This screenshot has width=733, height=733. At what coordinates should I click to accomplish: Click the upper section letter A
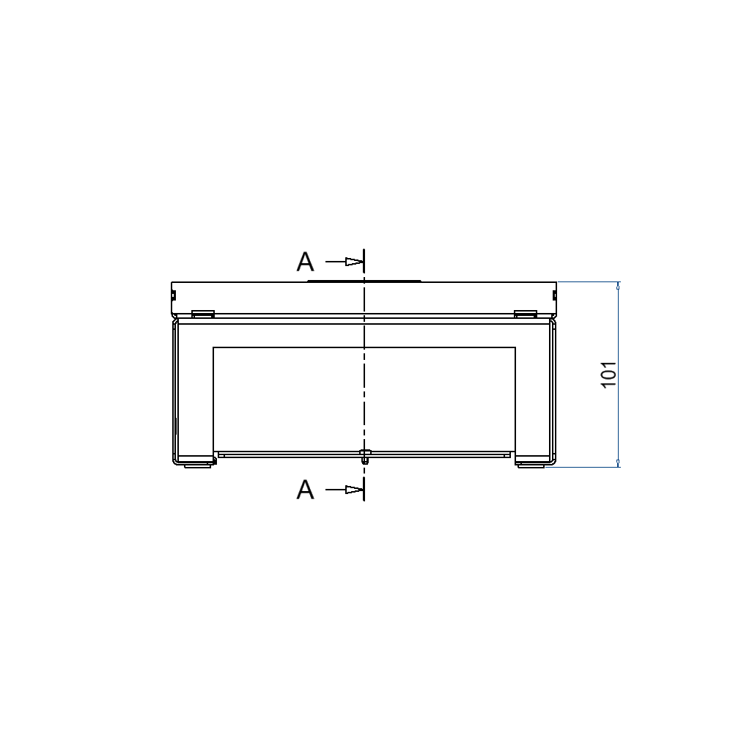tap(305, 262)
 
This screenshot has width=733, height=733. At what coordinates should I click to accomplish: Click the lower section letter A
tap(305, 490)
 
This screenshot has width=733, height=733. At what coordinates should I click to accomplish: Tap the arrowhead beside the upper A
tap(355, 262)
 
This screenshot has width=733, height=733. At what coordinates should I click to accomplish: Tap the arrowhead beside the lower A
tap(355, 490)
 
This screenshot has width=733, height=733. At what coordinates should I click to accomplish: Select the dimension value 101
tap(609, 375)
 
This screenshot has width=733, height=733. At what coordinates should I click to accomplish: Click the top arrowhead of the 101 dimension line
tap(618, 287)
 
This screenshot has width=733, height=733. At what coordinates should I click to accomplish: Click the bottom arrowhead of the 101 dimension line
tap(618, 462)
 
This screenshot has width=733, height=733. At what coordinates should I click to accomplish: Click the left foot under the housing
tap(196, 465)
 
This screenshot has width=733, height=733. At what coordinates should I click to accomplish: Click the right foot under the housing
tap(531, 465)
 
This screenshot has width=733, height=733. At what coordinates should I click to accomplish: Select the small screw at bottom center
tap(364, 457)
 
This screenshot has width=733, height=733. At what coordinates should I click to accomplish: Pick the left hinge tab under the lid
tap(202, 314)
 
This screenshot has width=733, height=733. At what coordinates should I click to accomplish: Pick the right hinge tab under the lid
tap(526, 314)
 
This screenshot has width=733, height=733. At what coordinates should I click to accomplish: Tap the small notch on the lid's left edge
tap(173, 295)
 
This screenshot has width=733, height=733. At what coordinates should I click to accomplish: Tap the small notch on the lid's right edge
tap(554, 295)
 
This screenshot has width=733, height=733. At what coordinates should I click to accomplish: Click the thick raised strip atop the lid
tap(364, 280)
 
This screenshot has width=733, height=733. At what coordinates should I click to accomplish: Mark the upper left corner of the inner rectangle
tap(213, 347)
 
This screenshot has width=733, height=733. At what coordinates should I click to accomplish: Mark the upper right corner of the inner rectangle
tap(515, 347)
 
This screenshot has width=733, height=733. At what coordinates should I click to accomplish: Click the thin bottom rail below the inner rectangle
tap(293, 454)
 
